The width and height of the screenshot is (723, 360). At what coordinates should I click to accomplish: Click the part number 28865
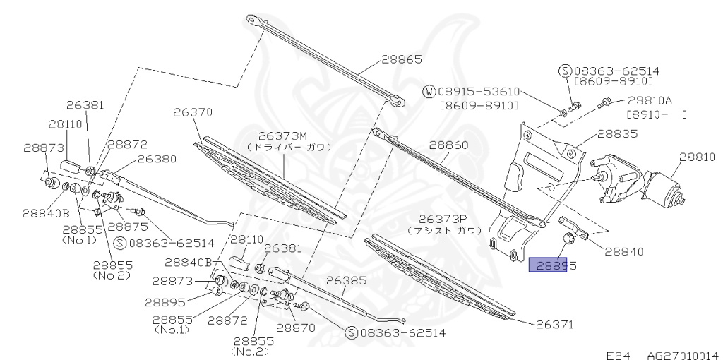tap(401, 60)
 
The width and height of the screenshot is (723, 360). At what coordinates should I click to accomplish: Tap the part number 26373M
tap(284, 136)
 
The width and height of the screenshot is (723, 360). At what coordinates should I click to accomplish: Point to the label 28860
tap(448, 145)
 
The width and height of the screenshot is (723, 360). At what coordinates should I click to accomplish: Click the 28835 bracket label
tap(617, 133)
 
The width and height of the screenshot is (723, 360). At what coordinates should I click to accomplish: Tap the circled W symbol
tap(429, 92)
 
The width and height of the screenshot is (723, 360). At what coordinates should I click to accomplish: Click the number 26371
tap(554, 325)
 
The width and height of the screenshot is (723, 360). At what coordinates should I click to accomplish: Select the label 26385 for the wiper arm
tap(346, 280)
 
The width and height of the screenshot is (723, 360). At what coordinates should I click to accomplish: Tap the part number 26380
tap(157, 159)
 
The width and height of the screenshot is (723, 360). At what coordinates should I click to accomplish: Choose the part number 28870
tap(295, 328)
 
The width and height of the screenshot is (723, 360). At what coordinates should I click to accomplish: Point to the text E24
tap(618, 355)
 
